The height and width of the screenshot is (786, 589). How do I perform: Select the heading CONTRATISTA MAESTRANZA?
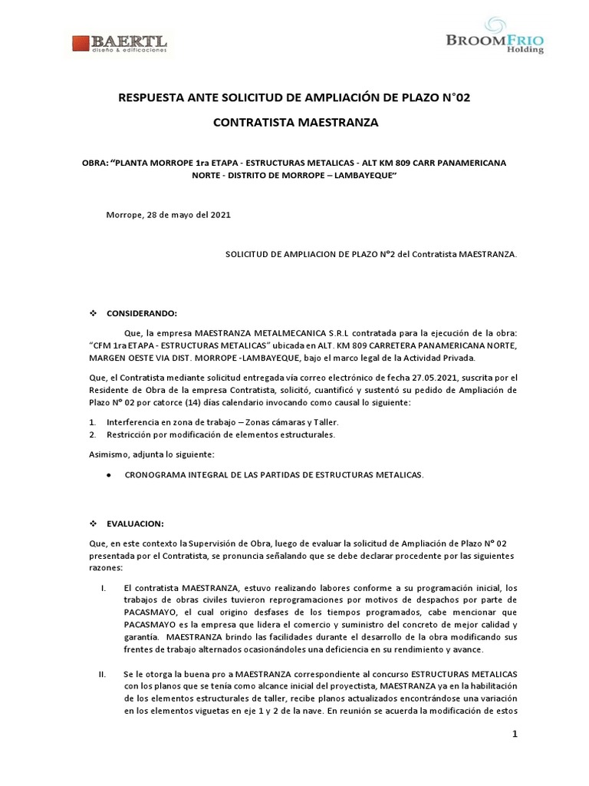(x=294, y=123)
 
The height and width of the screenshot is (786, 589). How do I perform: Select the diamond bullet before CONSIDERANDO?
(x=94, y=313)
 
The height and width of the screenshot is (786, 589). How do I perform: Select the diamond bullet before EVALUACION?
(x=94, y=523)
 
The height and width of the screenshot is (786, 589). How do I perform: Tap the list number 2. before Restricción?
(x=91, y=434)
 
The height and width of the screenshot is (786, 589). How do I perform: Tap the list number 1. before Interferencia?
(x=91, y=422)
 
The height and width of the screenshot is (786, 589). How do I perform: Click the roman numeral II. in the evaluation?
(x=102, y=673)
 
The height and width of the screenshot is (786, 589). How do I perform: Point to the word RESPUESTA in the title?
(x=147, y=97)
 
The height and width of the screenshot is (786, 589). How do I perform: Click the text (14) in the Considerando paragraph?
(x=219, y=403)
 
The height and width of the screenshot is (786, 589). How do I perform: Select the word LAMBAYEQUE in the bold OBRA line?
(x=360, y=176)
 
